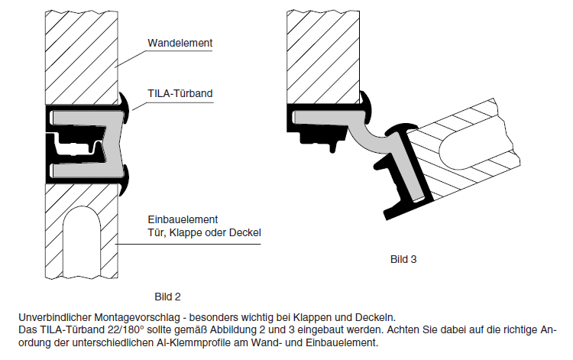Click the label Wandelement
point(180,43)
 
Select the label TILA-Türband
point(180,94)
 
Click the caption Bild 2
point(167,294)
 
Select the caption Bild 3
point(403,259)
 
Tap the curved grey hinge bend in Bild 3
point(372,141)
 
